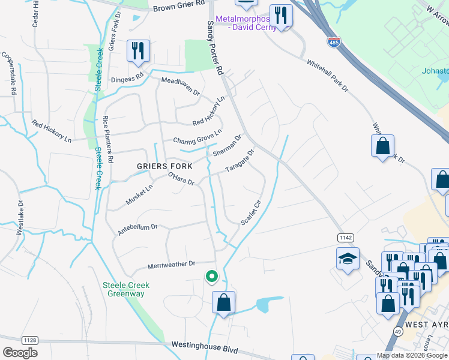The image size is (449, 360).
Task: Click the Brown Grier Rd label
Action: (x=180, y=8)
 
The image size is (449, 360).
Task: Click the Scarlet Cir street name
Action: (x=252, y=212)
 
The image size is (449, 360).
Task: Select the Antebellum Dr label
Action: (x=137, y=227)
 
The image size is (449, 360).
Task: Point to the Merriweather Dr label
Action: (x=172, y=264)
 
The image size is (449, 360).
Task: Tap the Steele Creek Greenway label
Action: (x=126, y=289)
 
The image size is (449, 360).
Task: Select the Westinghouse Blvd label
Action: (x=205, y=347)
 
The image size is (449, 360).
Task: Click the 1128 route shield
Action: (x=30, y=340)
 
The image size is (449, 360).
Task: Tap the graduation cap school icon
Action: (x=348, y=259)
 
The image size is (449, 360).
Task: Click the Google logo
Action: (x=20, y=352)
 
